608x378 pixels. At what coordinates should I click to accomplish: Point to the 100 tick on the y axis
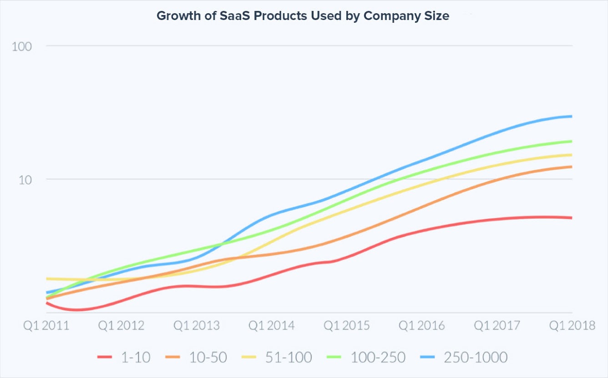[x=22, y=46]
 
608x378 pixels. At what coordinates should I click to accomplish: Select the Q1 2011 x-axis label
[x=46, y=326]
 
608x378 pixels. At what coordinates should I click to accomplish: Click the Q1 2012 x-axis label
[x=122, y=326]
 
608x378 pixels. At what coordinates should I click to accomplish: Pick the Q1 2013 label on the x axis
[x=197, y=326]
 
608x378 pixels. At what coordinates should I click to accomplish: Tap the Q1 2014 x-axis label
[x=272, y=326]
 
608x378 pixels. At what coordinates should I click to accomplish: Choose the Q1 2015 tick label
[x=347, y=326]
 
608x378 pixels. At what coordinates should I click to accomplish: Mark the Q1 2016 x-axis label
[x=422, y=326]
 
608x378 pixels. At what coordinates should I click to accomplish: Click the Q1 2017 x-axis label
[x=497, y=326]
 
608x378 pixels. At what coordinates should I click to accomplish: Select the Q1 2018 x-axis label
[x=572, y=326]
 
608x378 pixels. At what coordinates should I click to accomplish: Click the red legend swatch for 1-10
[x=105, y=358]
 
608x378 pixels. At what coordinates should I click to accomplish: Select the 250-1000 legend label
[x=476, y=358]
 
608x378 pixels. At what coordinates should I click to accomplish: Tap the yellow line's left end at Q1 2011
[x=47, y=278]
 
